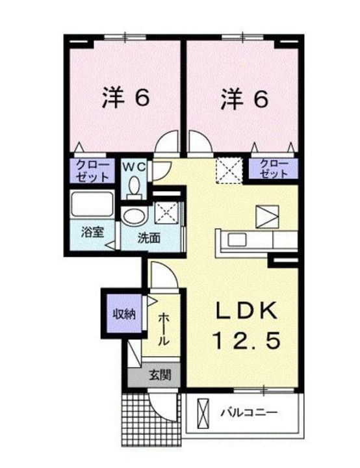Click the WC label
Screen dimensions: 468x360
tap(135, 166)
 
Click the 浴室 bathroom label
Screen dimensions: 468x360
tap(90, 232)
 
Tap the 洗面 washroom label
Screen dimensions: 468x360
tap(149, 238)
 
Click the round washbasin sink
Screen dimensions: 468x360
tap(134, 216)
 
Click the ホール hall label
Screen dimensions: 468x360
tap(164, 329)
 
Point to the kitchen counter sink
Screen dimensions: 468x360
tap(233, 239)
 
